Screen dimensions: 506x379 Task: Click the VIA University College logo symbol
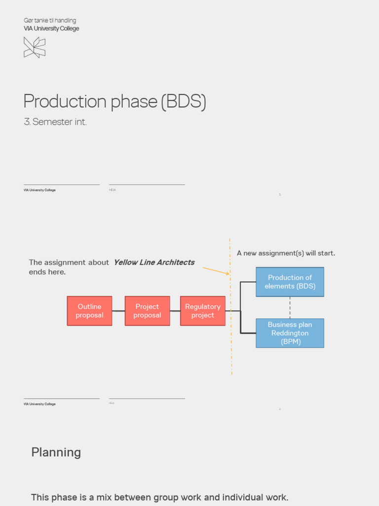pos(35,47)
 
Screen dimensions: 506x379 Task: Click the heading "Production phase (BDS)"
pos(114,101)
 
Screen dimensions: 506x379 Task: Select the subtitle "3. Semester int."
pos(55,122)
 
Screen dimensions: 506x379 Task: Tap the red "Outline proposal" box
pos(89,311)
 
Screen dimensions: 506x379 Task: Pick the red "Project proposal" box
pos(147,311)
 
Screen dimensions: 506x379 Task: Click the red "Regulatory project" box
pos(202,311)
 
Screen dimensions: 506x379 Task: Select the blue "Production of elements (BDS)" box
pos(290,282)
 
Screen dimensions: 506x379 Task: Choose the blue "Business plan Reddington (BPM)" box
pos(290,333)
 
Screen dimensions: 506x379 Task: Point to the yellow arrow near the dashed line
pos(216,270)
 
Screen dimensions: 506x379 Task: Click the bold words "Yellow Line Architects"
pos(154,262)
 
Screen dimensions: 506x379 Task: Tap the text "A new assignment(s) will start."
pos(286,253)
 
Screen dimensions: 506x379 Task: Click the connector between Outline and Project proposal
pos(118,311)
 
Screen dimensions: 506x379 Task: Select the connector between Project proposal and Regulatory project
pos(175,311)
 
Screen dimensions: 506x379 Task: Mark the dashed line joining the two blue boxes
pos(290,307)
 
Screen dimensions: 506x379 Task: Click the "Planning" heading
pos(56,452)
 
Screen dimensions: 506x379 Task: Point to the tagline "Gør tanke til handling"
pos(50,20)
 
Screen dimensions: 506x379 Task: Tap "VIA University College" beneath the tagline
pos(51,29)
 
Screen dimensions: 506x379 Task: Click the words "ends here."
pos(47,272)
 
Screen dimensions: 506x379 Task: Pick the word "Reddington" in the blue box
pos(290,333)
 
